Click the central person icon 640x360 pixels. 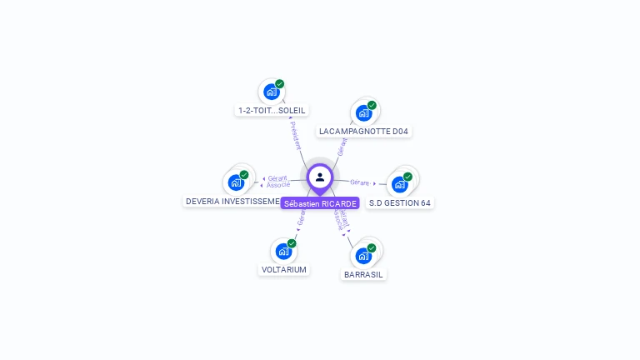[320, 177]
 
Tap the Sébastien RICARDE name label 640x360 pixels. [320, 203]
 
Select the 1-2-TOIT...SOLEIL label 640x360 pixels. [272, 110]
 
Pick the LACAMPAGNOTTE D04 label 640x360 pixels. [365, 132]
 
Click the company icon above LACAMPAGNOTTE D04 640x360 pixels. [363, 112]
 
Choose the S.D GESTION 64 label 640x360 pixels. [401, 202]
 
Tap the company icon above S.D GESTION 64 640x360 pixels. [400, 184]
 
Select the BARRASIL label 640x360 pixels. [364, 274]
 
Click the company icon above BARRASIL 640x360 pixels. [363, 255]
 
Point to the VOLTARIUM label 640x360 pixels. [284, 270]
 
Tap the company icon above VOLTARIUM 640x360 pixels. [283, 251]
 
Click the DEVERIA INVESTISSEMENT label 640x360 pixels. [232, 201]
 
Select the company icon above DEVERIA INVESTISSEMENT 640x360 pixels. [236, 182]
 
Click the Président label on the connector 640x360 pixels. [295, 135]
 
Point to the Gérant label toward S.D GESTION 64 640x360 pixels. [360, 182]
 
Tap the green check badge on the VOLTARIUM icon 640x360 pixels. [292, 243]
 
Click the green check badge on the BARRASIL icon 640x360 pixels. [372, 247]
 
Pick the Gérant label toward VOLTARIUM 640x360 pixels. [302, 218]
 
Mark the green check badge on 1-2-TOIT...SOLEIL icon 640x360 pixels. [280, 84]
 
